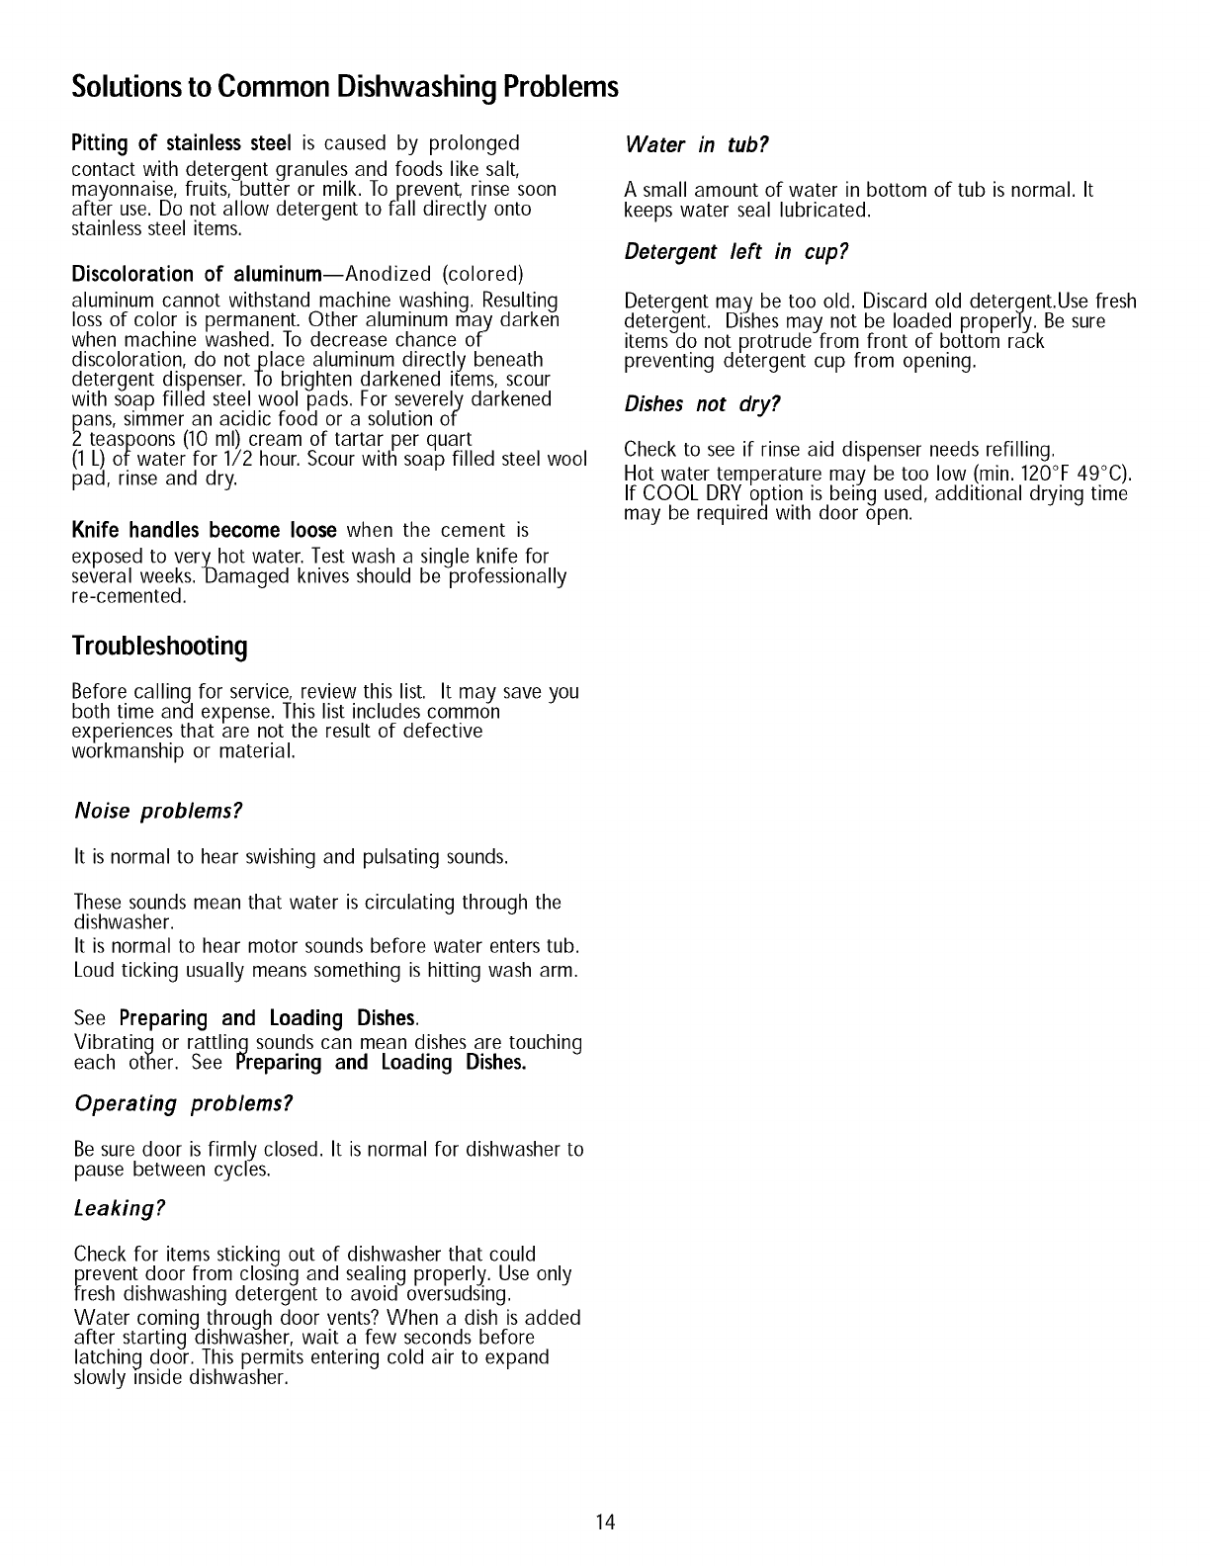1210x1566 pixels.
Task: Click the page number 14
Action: [x=605, y=1522]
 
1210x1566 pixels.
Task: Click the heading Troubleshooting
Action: [x=159, y=647]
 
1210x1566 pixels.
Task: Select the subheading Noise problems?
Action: [x=158, y=812]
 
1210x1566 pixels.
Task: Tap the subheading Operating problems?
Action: [x=184, y=1103]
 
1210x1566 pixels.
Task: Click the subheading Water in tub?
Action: [x=697, y=145]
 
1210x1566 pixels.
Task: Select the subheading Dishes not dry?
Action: [x=703, y=405]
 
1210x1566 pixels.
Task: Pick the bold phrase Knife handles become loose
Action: [x=205, y=530]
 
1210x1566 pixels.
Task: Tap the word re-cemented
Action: [x=129, y=596]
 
